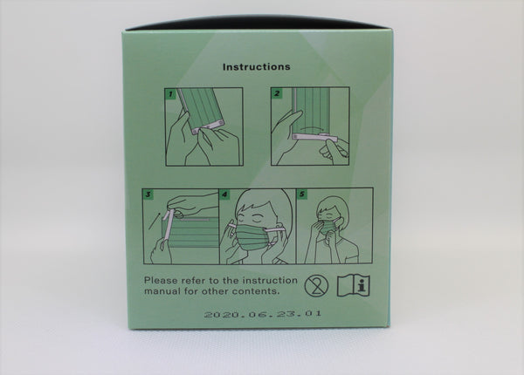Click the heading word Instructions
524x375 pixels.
click(256, 67)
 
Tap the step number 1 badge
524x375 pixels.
click(171, 94)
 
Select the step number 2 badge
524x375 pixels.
click(277, 93)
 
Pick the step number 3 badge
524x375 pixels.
click(148, 194)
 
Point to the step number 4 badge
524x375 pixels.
click(225, 194)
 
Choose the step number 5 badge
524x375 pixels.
click(302, 194)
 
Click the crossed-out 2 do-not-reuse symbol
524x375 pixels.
click(316, 286)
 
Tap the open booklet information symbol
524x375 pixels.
click(353, 286)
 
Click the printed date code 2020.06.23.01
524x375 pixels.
click(263, 314)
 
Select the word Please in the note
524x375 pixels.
click(161, 280)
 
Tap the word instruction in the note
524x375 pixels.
click(270, 280)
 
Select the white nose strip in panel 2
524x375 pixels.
click(315, 136)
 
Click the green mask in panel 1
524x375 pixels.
click(202, 109)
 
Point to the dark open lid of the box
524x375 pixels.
click(258, 23)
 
